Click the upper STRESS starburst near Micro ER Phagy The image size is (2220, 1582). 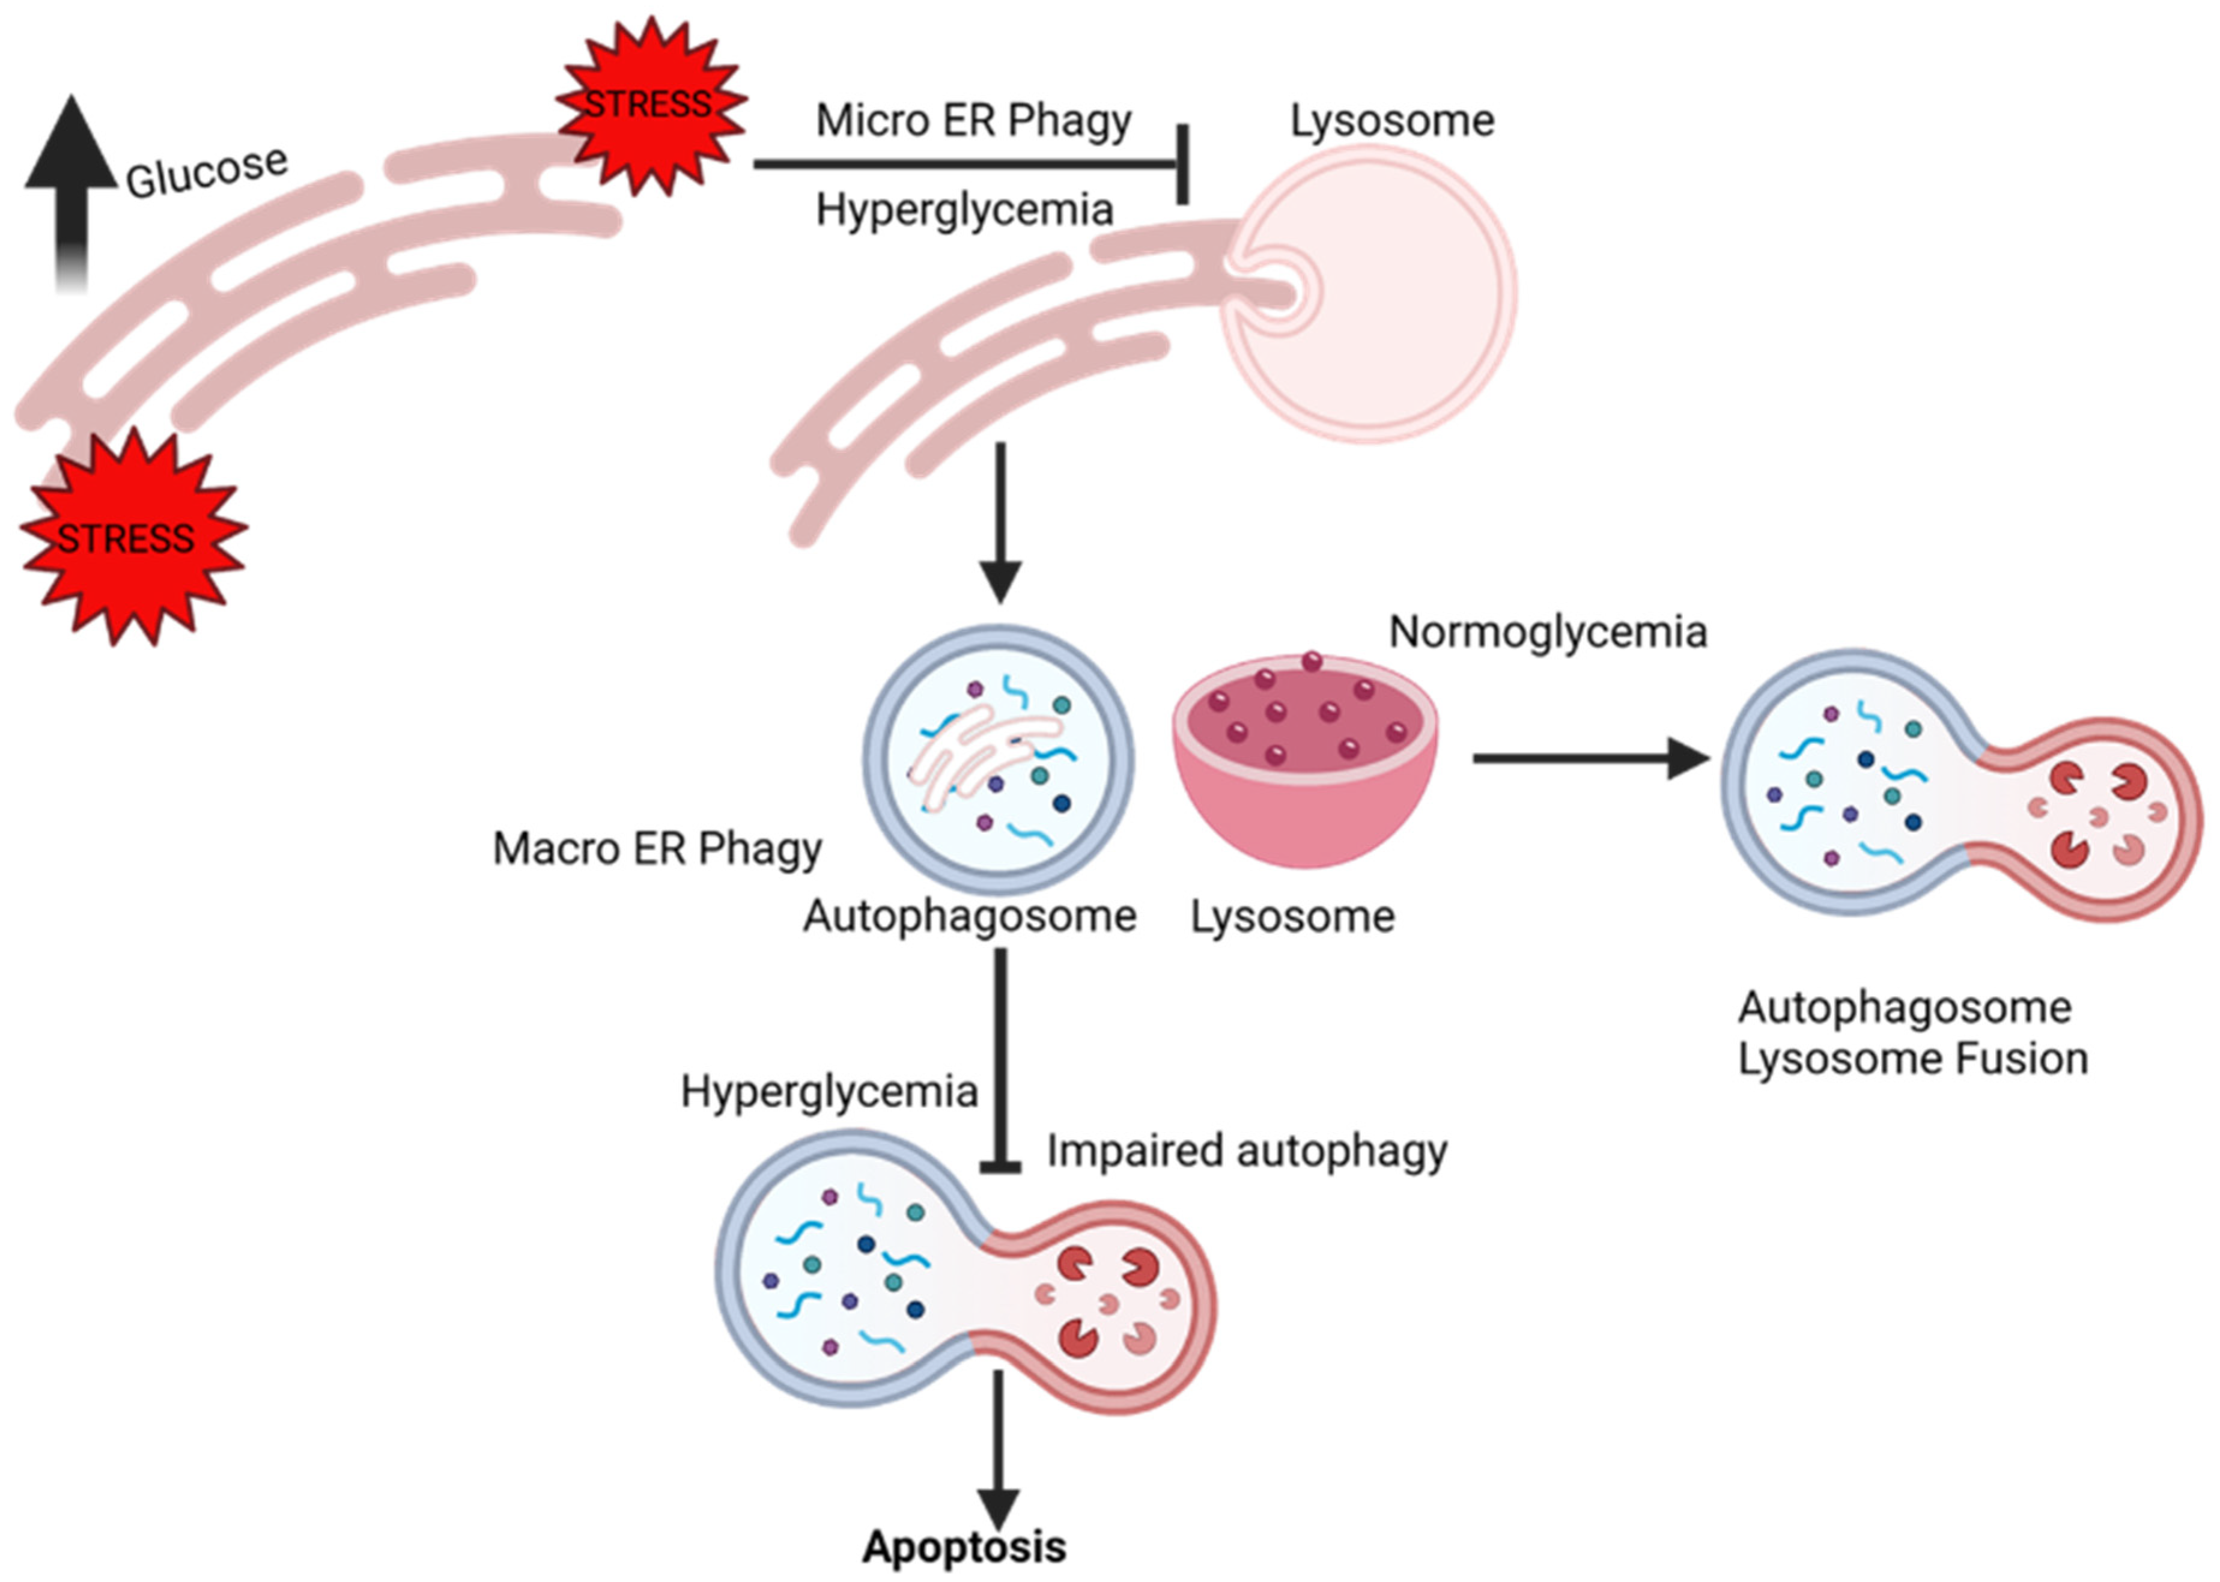(649, 104)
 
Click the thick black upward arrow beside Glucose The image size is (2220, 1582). (71, 185)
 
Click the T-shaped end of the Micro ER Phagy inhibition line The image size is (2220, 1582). (1182, 163)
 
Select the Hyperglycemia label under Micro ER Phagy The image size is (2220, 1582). (964, 210)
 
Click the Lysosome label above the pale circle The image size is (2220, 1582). (1391, 121)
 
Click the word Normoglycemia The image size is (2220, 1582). (1547, 632)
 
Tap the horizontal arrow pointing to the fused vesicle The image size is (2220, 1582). (1588, 758)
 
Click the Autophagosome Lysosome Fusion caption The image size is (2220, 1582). (1912, 1033)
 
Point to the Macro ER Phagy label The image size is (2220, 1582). (657, 848)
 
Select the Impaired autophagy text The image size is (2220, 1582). (1246, 1151)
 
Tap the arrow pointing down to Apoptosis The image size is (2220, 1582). (997, 1452)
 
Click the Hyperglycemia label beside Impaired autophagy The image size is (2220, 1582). (828, 1091)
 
